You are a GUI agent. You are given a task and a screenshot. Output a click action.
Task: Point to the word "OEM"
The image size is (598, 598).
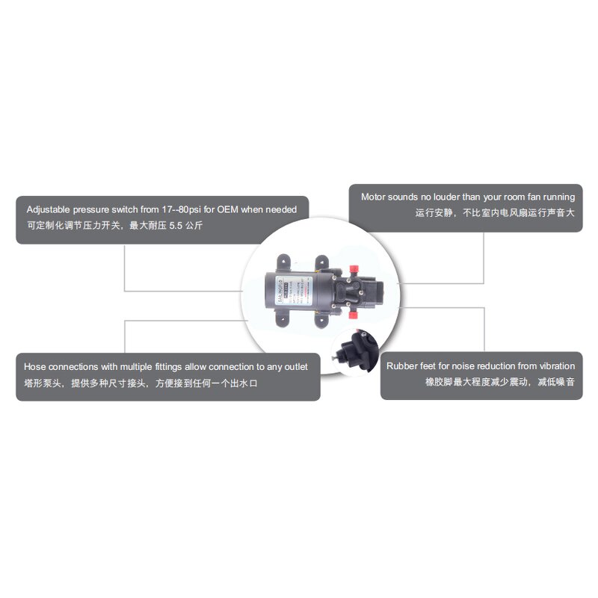247,209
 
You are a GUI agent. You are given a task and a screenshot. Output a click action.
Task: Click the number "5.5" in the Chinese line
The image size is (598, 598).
176,225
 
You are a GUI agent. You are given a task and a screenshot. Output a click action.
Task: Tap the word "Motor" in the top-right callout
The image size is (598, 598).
374,197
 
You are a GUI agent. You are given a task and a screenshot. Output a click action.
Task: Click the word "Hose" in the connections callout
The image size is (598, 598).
36,366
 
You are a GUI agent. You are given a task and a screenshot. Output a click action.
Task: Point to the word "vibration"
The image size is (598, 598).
553,366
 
